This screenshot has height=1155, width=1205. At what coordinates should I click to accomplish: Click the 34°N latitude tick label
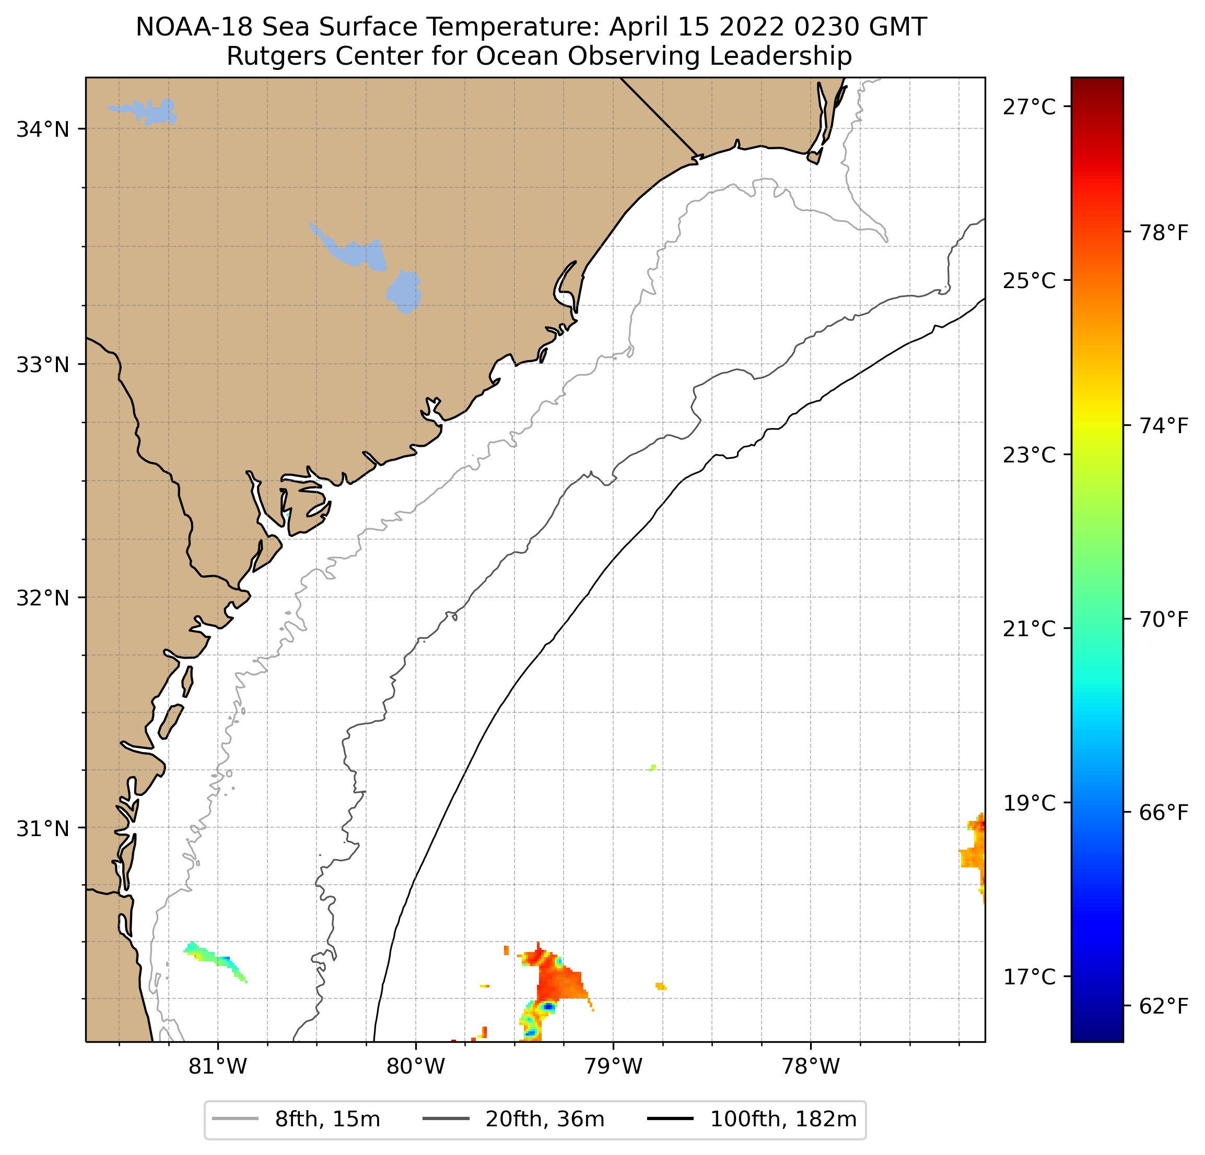click(42, 129)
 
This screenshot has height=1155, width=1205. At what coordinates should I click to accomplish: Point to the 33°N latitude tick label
click(42, 365)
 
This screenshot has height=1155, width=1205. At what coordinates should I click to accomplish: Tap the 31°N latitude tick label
click(42, 829)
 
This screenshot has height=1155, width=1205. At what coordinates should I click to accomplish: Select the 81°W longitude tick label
click(218, 1067)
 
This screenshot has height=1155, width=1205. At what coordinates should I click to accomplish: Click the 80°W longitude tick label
click(416, 1067)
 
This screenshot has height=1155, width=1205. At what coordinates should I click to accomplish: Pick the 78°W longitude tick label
click(810, 1067)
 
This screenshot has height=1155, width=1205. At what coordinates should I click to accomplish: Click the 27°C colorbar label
click(1029, 107)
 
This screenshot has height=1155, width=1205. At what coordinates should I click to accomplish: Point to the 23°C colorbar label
click(1029, 455)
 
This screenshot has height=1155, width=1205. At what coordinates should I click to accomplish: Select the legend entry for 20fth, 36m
click(514, 1120)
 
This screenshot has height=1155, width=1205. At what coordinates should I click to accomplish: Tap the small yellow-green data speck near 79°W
click(652, 767)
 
